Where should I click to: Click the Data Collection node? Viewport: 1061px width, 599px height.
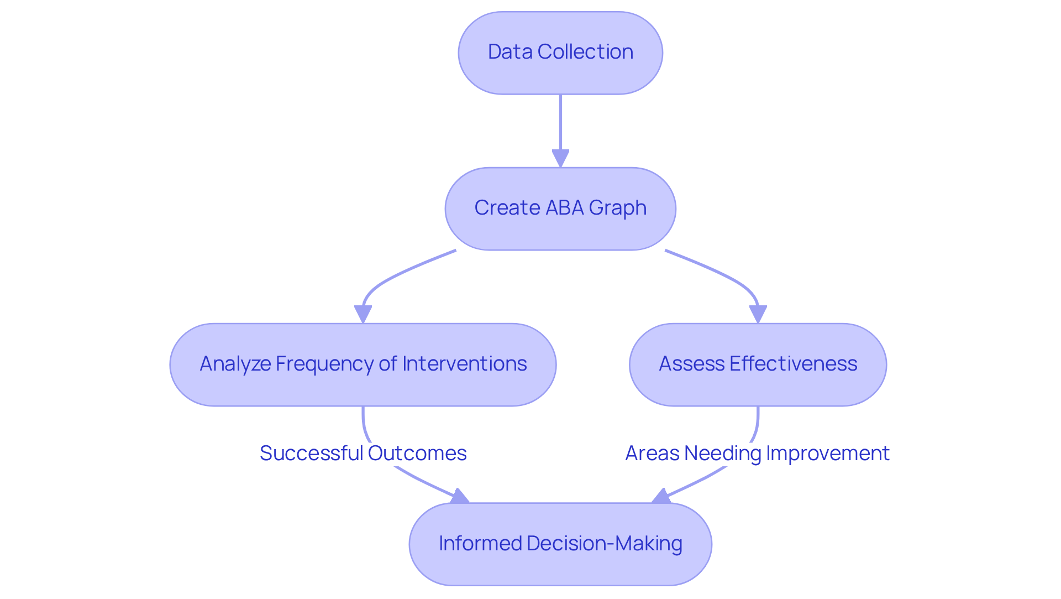point(560,53)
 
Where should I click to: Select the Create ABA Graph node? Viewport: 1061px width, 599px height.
point(560,209)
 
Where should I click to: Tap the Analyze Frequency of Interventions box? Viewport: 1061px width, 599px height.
point(363,364)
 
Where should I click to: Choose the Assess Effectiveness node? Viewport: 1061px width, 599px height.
point(758,364)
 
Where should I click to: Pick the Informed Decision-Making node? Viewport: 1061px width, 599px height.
point(560,544)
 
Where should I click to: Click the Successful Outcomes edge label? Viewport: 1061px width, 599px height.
point(363,453)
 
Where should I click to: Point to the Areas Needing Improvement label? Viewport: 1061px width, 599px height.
point(757,453)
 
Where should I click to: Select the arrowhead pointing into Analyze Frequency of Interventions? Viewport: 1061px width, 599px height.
point(363,315)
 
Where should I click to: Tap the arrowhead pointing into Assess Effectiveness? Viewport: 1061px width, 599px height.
point(758,315)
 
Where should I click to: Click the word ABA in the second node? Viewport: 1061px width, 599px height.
point(564,208)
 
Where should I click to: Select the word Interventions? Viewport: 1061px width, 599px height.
point(464,364)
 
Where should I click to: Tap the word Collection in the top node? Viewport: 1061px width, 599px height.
point(585,52)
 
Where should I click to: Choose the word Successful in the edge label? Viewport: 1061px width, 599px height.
point(311,453)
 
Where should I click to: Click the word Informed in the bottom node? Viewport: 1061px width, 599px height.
point(480,543)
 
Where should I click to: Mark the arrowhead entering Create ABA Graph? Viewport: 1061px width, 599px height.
point(560,159)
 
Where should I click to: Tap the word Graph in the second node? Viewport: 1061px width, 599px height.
point(617,209)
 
